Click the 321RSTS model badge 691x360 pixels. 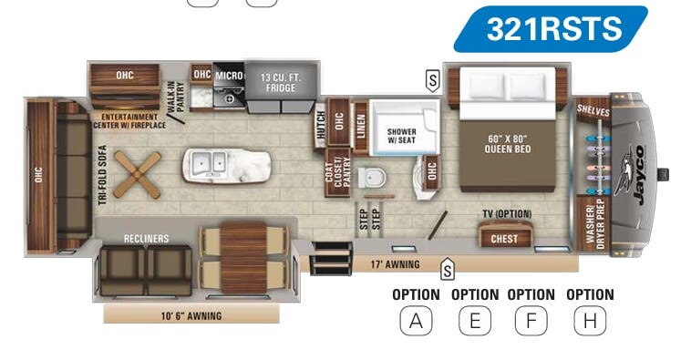553,28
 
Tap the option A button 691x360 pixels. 416,321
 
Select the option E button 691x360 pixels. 475,321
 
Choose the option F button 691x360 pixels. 531,321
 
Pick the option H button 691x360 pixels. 590,321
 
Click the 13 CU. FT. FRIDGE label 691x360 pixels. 281,81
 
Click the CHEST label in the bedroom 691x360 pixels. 504,239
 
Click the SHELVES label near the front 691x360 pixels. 593,110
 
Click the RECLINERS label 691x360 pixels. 147,239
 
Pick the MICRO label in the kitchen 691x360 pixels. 228,75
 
